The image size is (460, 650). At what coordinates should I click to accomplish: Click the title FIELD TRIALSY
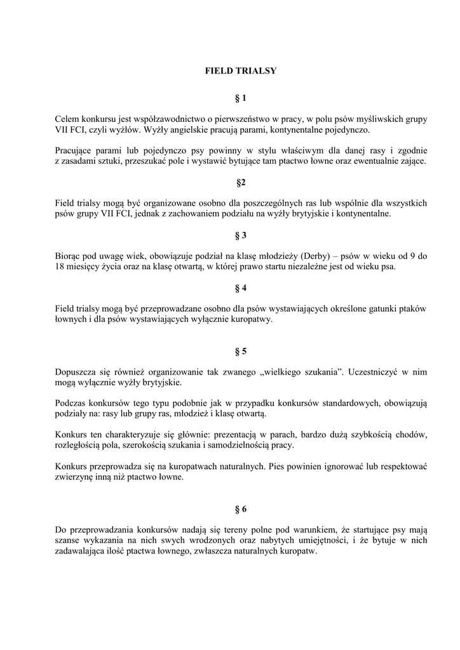240,71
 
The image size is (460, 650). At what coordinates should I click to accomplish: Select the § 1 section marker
240,98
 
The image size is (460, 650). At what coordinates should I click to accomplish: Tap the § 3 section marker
240,236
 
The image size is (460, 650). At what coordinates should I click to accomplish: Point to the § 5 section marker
240,351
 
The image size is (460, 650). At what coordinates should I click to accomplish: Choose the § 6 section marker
240,509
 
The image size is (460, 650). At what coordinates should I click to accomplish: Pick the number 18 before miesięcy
60,267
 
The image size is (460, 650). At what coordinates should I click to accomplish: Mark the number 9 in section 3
413,256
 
